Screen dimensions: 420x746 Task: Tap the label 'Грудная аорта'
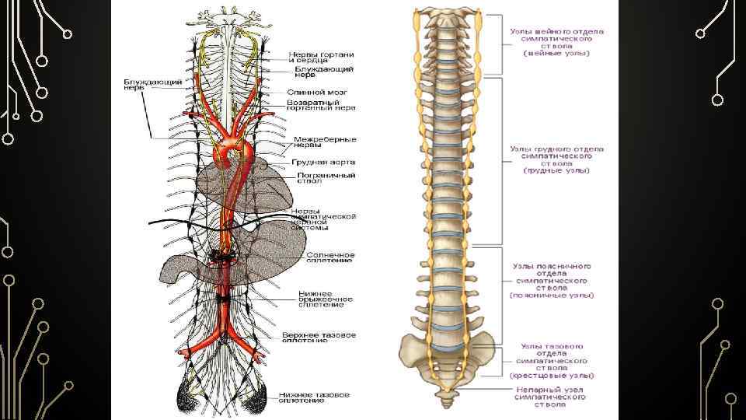click(323, 162)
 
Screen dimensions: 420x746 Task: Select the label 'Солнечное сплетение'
click(330, 257)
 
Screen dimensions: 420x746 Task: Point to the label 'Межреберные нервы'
click(324, 142)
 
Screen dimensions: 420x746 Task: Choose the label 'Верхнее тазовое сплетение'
click(319, 337)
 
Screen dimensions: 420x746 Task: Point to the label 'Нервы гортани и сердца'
click(321, 57)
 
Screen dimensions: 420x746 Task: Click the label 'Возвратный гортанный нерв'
click(321, 106)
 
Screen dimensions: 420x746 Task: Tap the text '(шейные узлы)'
click(556, 53)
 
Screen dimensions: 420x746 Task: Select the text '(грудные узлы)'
click(556, 170)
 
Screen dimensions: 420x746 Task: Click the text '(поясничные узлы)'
click(552, 295)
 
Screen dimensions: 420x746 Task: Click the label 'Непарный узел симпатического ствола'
click(549, 397)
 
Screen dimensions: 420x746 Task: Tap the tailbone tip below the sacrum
click(447, 402)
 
